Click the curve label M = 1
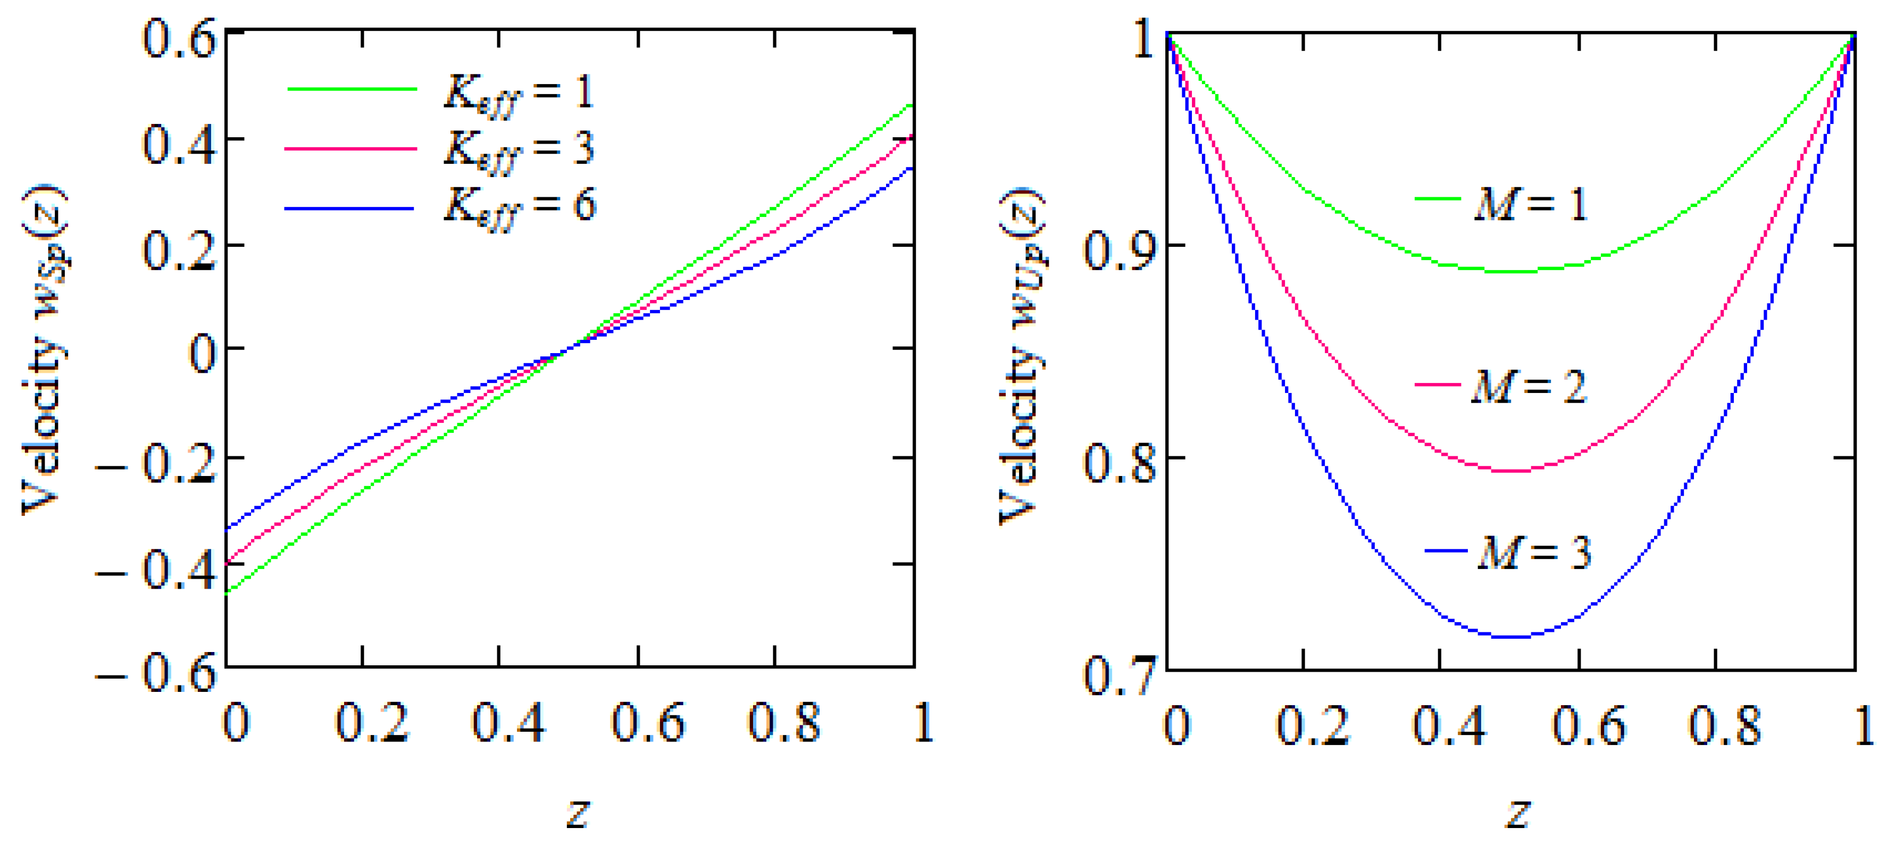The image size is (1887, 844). coord(1530,204)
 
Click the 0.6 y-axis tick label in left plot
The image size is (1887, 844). coord(179,38)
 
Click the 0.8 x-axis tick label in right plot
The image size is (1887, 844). coord(1724,725)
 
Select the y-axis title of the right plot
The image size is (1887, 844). coord(1022,355)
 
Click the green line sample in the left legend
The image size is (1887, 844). coord(351,89)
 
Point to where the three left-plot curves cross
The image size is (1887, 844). coord(570,349)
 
